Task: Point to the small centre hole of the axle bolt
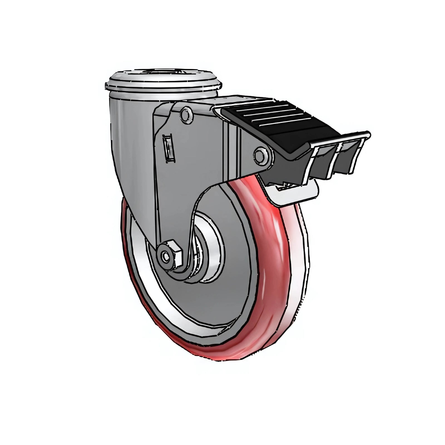click(x=166, y=256)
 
